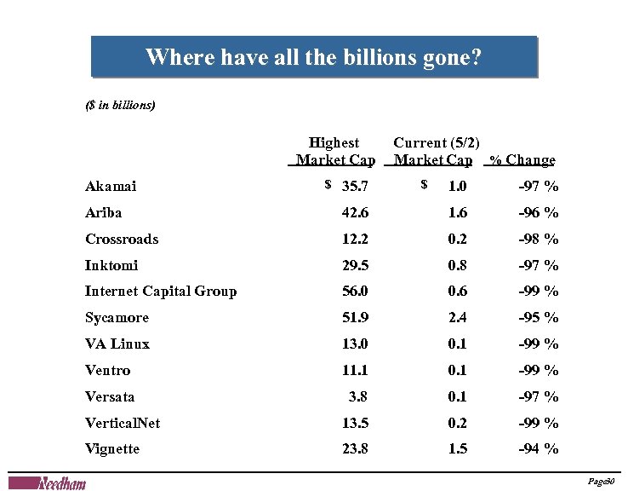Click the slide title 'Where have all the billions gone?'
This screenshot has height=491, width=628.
click(313, 58)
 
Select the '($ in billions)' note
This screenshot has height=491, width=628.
click(120, 107)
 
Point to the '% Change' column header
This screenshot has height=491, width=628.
click(522, 160)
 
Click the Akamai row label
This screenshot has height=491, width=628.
click(111, 187)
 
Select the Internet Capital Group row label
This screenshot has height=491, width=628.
click(161, 292)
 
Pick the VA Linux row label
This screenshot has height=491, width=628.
click(117, 344)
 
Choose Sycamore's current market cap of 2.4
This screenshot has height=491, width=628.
click(458, 318)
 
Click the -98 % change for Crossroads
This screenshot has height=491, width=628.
click(539, 240)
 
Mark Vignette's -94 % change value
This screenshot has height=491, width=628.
click(539, 449)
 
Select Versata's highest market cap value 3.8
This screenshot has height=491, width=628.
click(358, 396)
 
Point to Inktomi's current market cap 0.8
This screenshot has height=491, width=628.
click(458, 265)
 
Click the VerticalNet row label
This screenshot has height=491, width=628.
click(123, 423)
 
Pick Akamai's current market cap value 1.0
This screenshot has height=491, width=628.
click(458, 187)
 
